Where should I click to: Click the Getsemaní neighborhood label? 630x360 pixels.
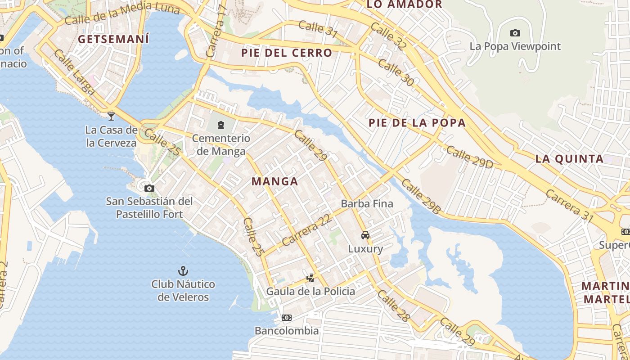pyautogui.click(x=113, y=39)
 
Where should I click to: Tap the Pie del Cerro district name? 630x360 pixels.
pyautogui.click(x=287, y=53)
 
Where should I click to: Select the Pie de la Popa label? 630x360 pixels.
pyautogui.click(x=417, y=123)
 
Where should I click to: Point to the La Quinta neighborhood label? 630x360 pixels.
pyautogui.click(x=569, y=158)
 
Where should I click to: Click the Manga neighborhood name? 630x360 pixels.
pyautogui.click(x=274, y=181)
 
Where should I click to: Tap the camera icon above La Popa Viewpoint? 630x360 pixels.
pyautogui.click(x=515, y=33)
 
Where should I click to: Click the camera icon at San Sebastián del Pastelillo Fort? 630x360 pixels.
pyautogui.click(x=149, y=188)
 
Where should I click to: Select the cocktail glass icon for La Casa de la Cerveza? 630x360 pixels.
pyautogui.click(x=111, y=116)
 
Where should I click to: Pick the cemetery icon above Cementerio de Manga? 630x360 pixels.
pyautogui.click(x=221, y=125)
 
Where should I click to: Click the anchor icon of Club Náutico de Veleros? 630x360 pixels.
pyautogui.click(x=183, y=271)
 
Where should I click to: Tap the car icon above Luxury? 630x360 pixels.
pyautogui.click(x=365, y=235)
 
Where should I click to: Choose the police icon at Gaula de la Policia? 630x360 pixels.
pyautogui.click(x=310, y=278)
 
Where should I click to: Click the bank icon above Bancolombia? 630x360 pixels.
pyautogui.click(x=286, y=318)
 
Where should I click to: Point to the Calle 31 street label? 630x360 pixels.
pyautogui.click(x=318, y=27)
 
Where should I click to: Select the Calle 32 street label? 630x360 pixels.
pyautogui.click(x=389, y=37)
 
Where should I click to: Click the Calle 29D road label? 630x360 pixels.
pyautogui.click(x=469, y=157)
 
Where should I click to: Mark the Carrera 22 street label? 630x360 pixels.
pyautogui.click(x=307, y=230)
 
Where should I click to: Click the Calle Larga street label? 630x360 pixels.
pyautogui.click(x=74, y=72)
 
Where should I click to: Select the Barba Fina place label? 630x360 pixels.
pyautogui.click(x=367, y=203)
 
